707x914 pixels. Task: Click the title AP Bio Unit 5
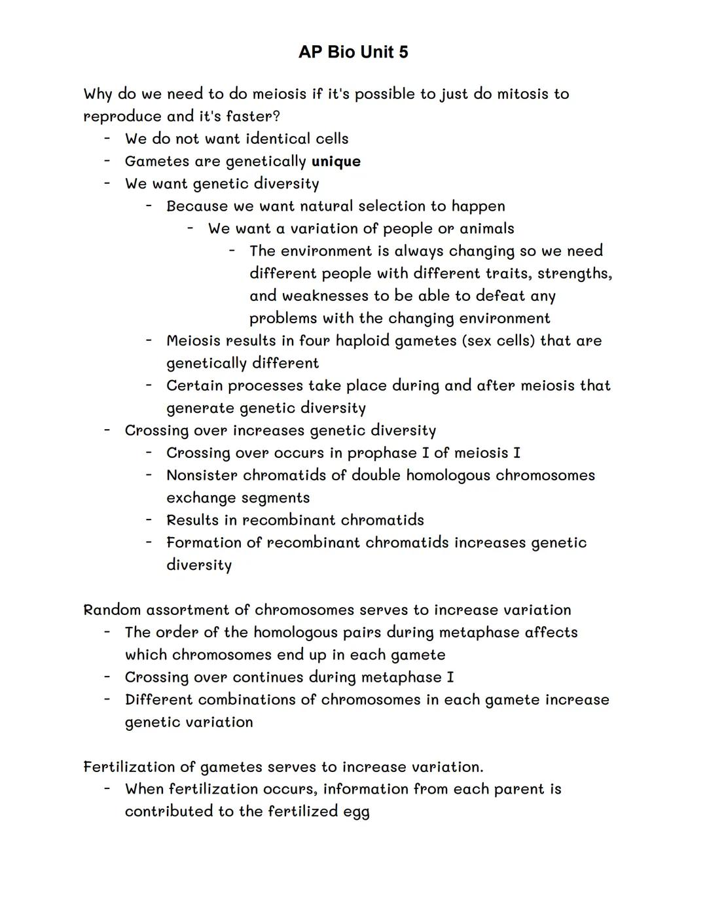(x=353, y=52)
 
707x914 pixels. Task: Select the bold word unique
(x=336, y=162)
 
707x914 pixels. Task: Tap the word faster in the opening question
(x=248, y=116)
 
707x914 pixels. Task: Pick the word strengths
(x=574, y=273)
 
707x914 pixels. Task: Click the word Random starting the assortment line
(x=111, y=610)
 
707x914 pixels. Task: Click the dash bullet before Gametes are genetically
(x=106, y=161)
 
